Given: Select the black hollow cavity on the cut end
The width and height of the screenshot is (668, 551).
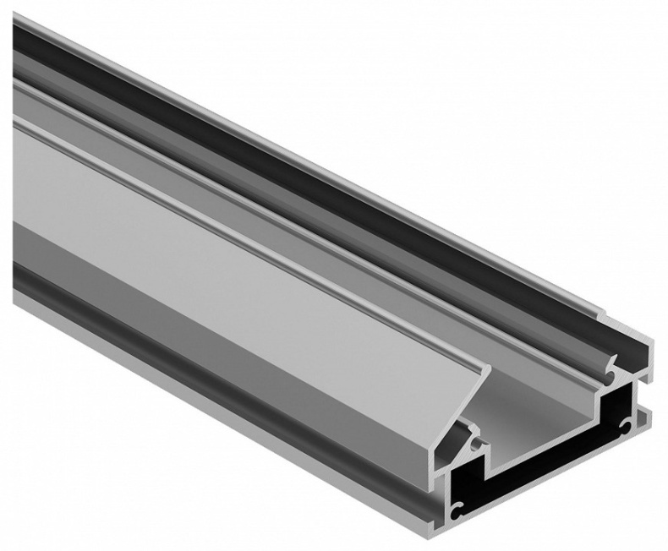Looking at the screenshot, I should tap(541, 473).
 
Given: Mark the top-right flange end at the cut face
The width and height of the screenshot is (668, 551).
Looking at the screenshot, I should tap(647, 346).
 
